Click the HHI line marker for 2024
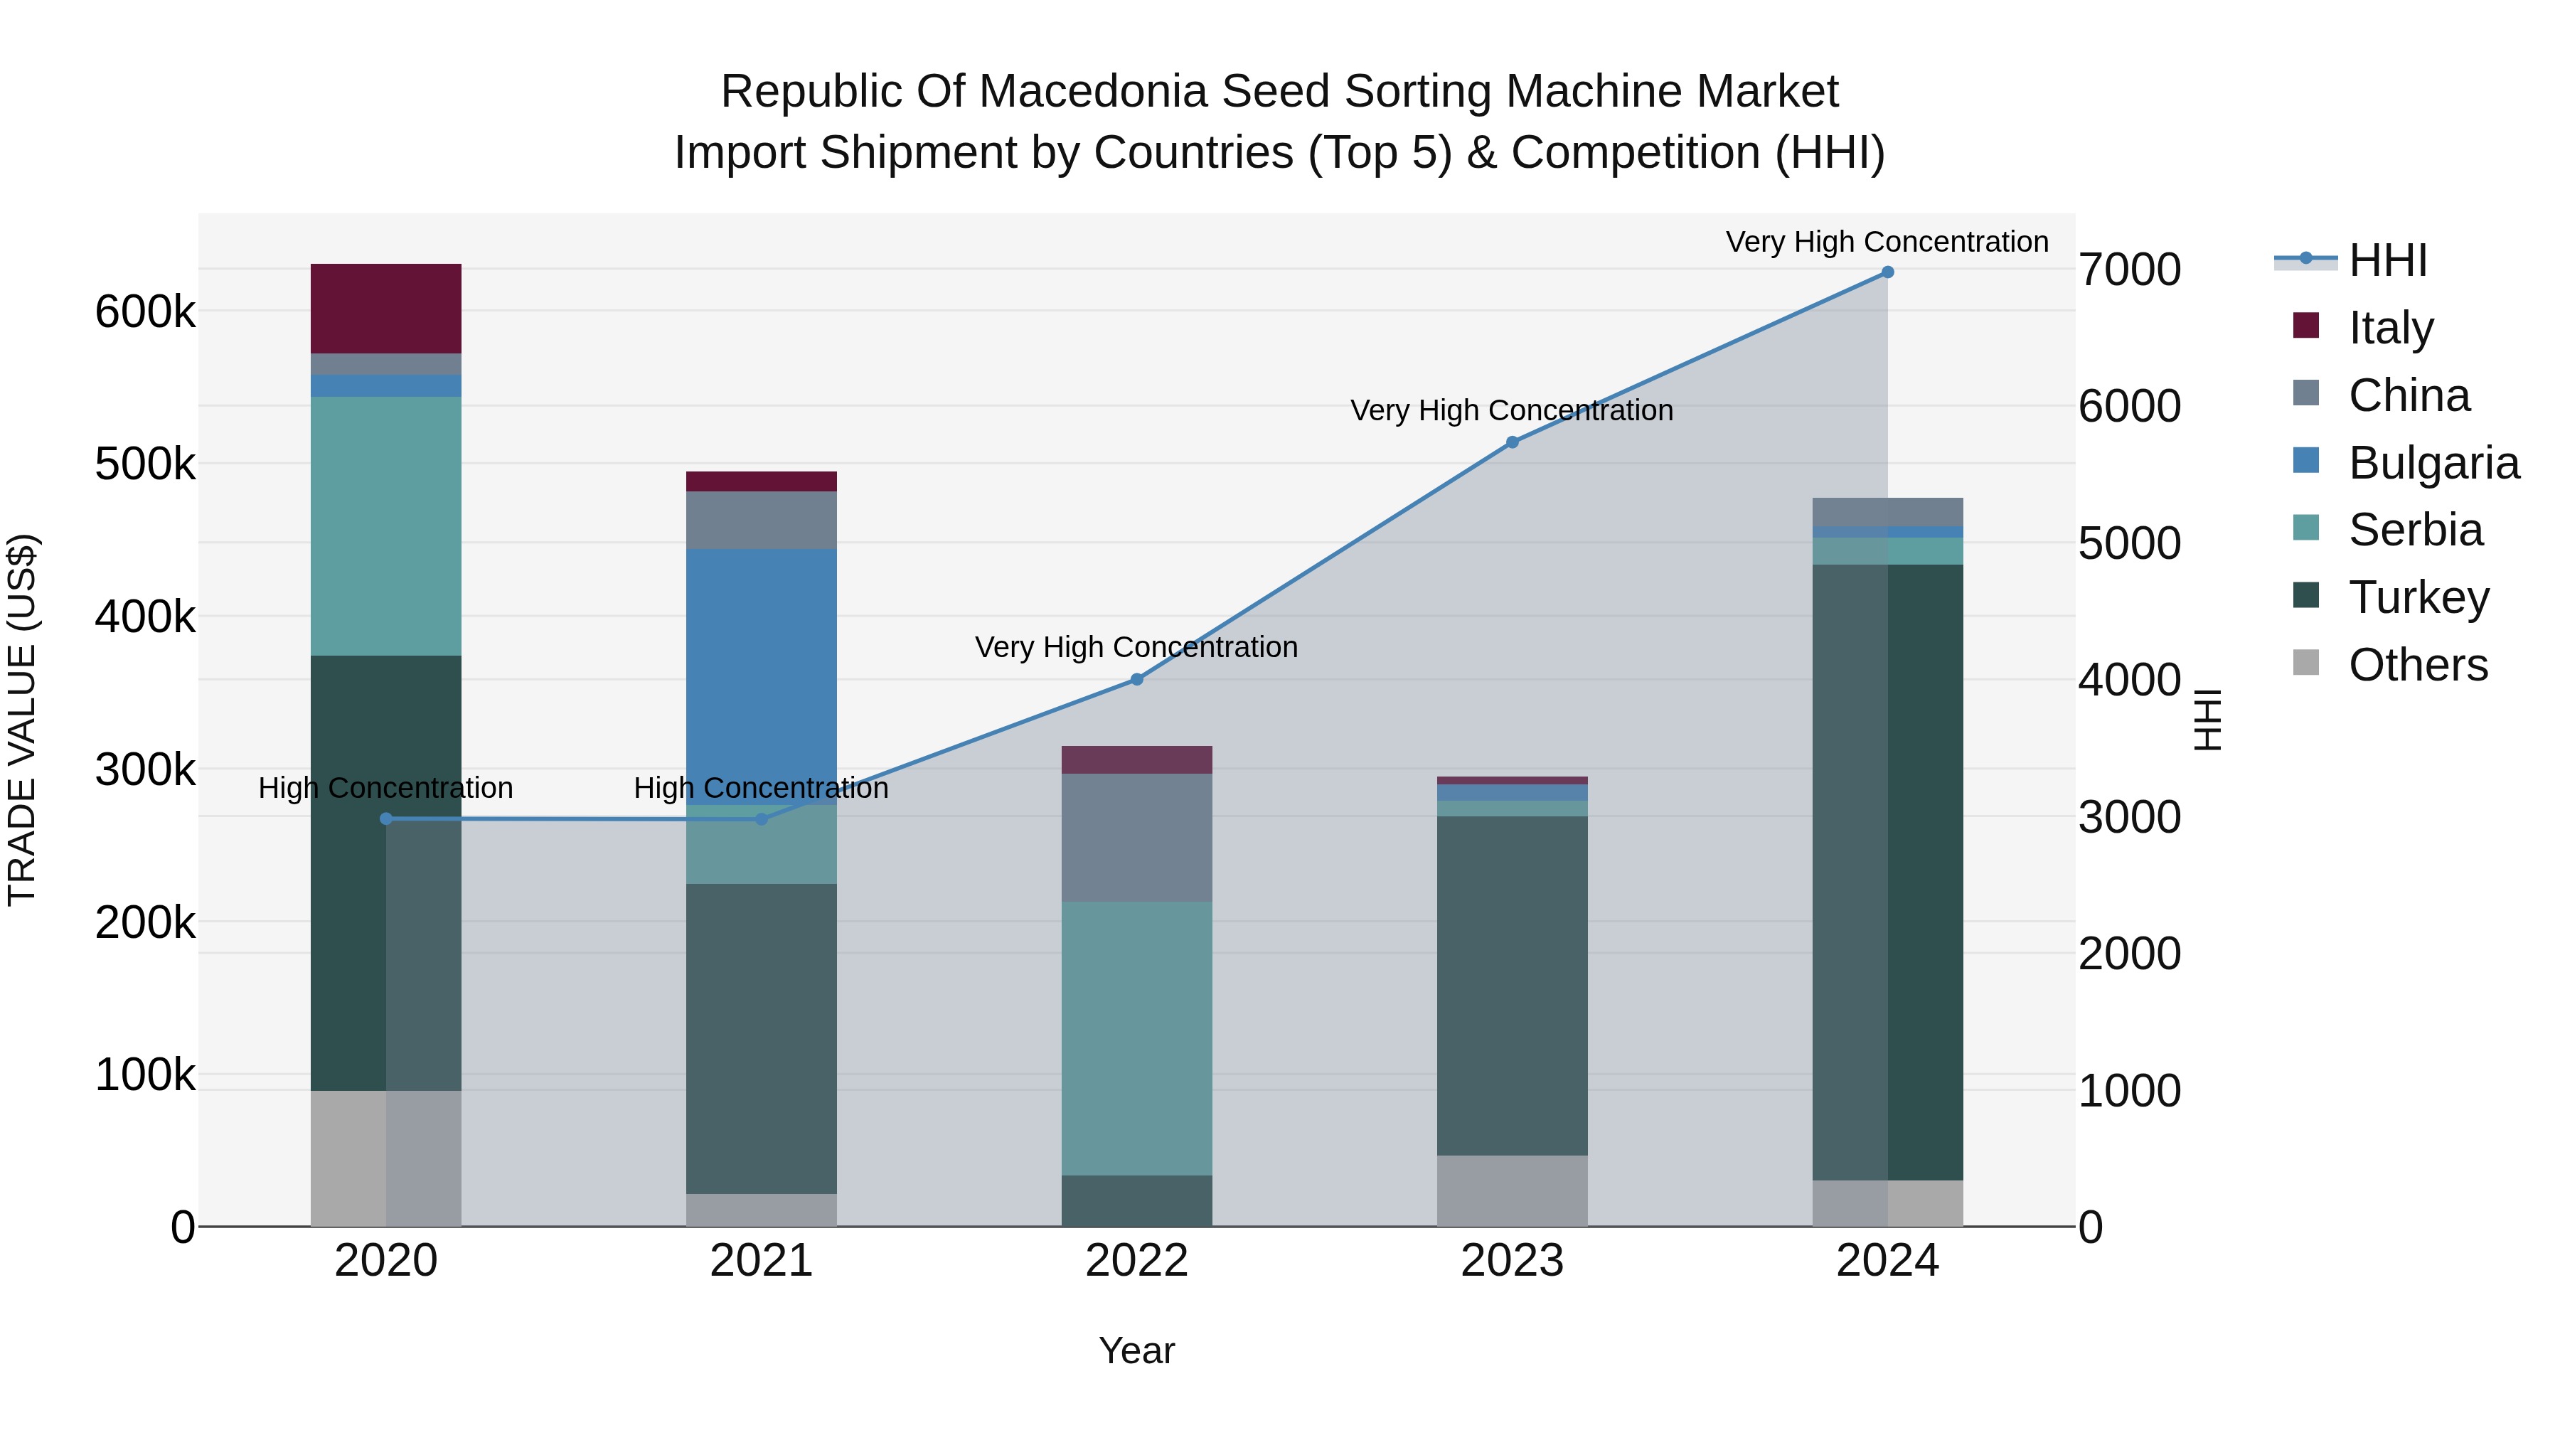pyautogui.click(x=1887, y=272)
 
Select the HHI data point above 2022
pyautogui.click(x=1137, y=680)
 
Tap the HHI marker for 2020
pyautogui.click(x=387, y=819)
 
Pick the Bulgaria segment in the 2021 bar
pyautogui.click(x=761, y=676)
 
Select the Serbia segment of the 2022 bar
pyautogui.click(x=1137, y=1038)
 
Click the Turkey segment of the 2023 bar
pyautogui.click(x=1512, y=984)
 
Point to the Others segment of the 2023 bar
pyautogui.click(x=1512, y=1190)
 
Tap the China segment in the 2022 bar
pyautogui.click(x=1137, y=837)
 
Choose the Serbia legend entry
pyautogui.click(x=2415, y=530)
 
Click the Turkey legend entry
pyautogui.click(x=2418, y=597)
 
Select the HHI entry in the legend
pyautogui.click(x=2387, y=260)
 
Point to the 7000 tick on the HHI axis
pyautogui.click(x=2128, y=270)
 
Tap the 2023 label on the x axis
pyautogui.click(x=1512, y=1261)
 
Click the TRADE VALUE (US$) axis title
pyautogui.click(x=22, y=720)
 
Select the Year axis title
pyautogui.click(x=1137, y=1350)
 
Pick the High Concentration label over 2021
pyautogui.click(x=761, y=788)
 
